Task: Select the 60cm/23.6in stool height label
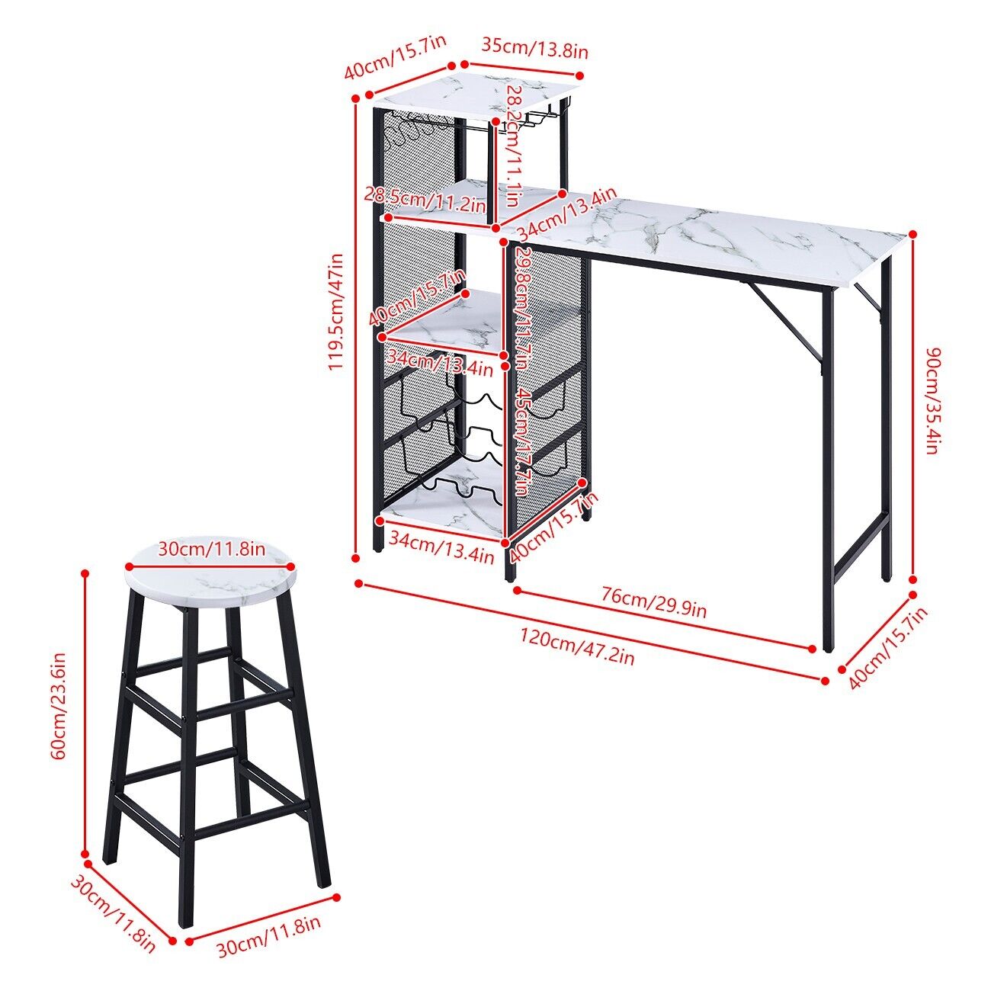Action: point(61,704)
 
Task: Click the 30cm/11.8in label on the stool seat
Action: point(211,549)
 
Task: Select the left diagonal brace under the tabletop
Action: point(784,322)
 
